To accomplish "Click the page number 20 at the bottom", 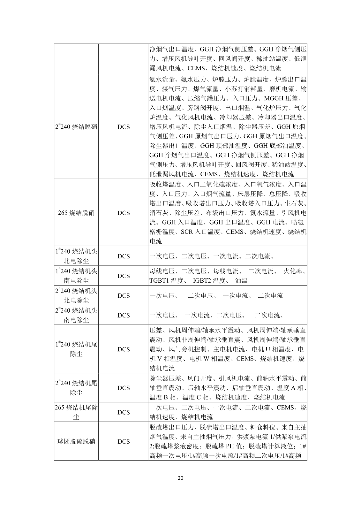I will tap(180, 478).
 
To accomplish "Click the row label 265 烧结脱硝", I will tap(76, 213).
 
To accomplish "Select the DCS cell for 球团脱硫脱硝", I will tap(124, 441).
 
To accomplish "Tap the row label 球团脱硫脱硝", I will tap(76, 441).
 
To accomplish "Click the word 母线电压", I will tap(162, 271).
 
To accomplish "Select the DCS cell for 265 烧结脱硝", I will tap(124, 213).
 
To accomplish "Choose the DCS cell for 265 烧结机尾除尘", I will tap(124, 412).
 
